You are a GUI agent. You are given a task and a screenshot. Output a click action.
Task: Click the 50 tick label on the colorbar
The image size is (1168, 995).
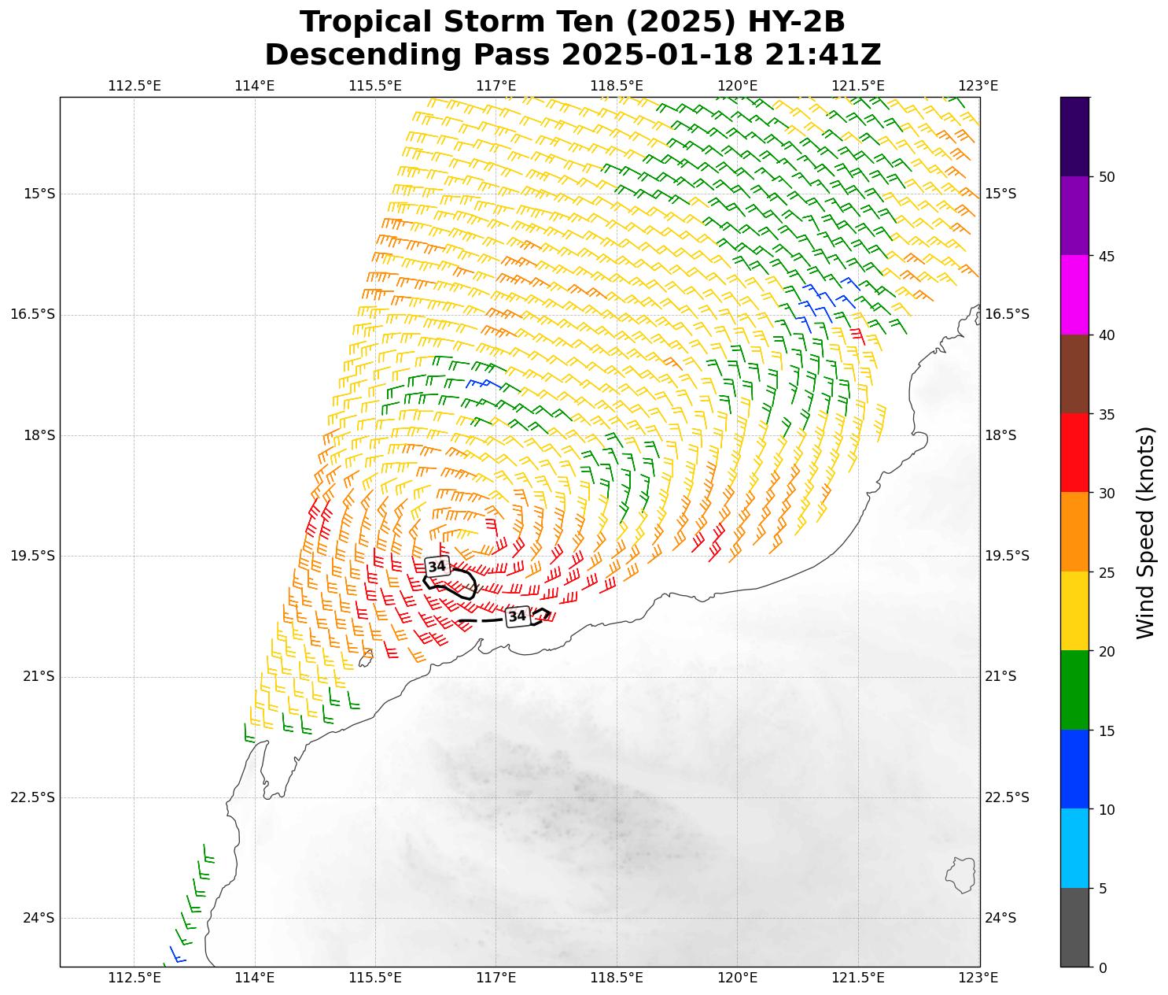(x=1107, y=177)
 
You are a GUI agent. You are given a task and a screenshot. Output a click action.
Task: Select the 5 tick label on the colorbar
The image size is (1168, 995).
(x=1103, y=889)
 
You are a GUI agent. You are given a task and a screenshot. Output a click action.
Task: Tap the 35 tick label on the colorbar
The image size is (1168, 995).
(x=1107, y=414)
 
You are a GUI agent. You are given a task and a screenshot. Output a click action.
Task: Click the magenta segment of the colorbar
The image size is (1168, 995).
(x=1074, y=295)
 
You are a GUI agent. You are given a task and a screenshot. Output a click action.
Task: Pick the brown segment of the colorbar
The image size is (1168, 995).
(x=1074, y=374)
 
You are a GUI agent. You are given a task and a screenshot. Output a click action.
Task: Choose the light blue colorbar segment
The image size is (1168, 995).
(x=1074, y=849)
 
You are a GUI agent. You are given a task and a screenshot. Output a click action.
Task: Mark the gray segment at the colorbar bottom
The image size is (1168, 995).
(x=1074, y=927)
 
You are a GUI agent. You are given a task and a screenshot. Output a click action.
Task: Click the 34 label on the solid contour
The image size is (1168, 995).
(x=437, y=566)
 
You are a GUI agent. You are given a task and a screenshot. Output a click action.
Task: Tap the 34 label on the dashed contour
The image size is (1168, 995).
(x=517, y=616)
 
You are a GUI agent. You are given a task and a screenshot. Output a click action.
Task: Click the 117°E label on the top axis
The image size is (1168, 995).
(x=496, y=86)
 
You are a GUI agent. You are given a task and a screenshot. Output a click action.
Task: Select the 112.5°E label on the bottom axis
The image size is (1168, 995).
(x=134, y=978)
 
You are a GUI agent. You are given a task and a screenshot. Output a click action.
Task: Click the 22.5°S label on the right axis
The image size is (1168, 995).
(x=1007, y=797)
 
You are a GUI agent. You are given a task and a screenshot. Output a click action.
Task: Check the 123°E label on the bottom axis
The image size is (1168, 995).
(x=979, y=978)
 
